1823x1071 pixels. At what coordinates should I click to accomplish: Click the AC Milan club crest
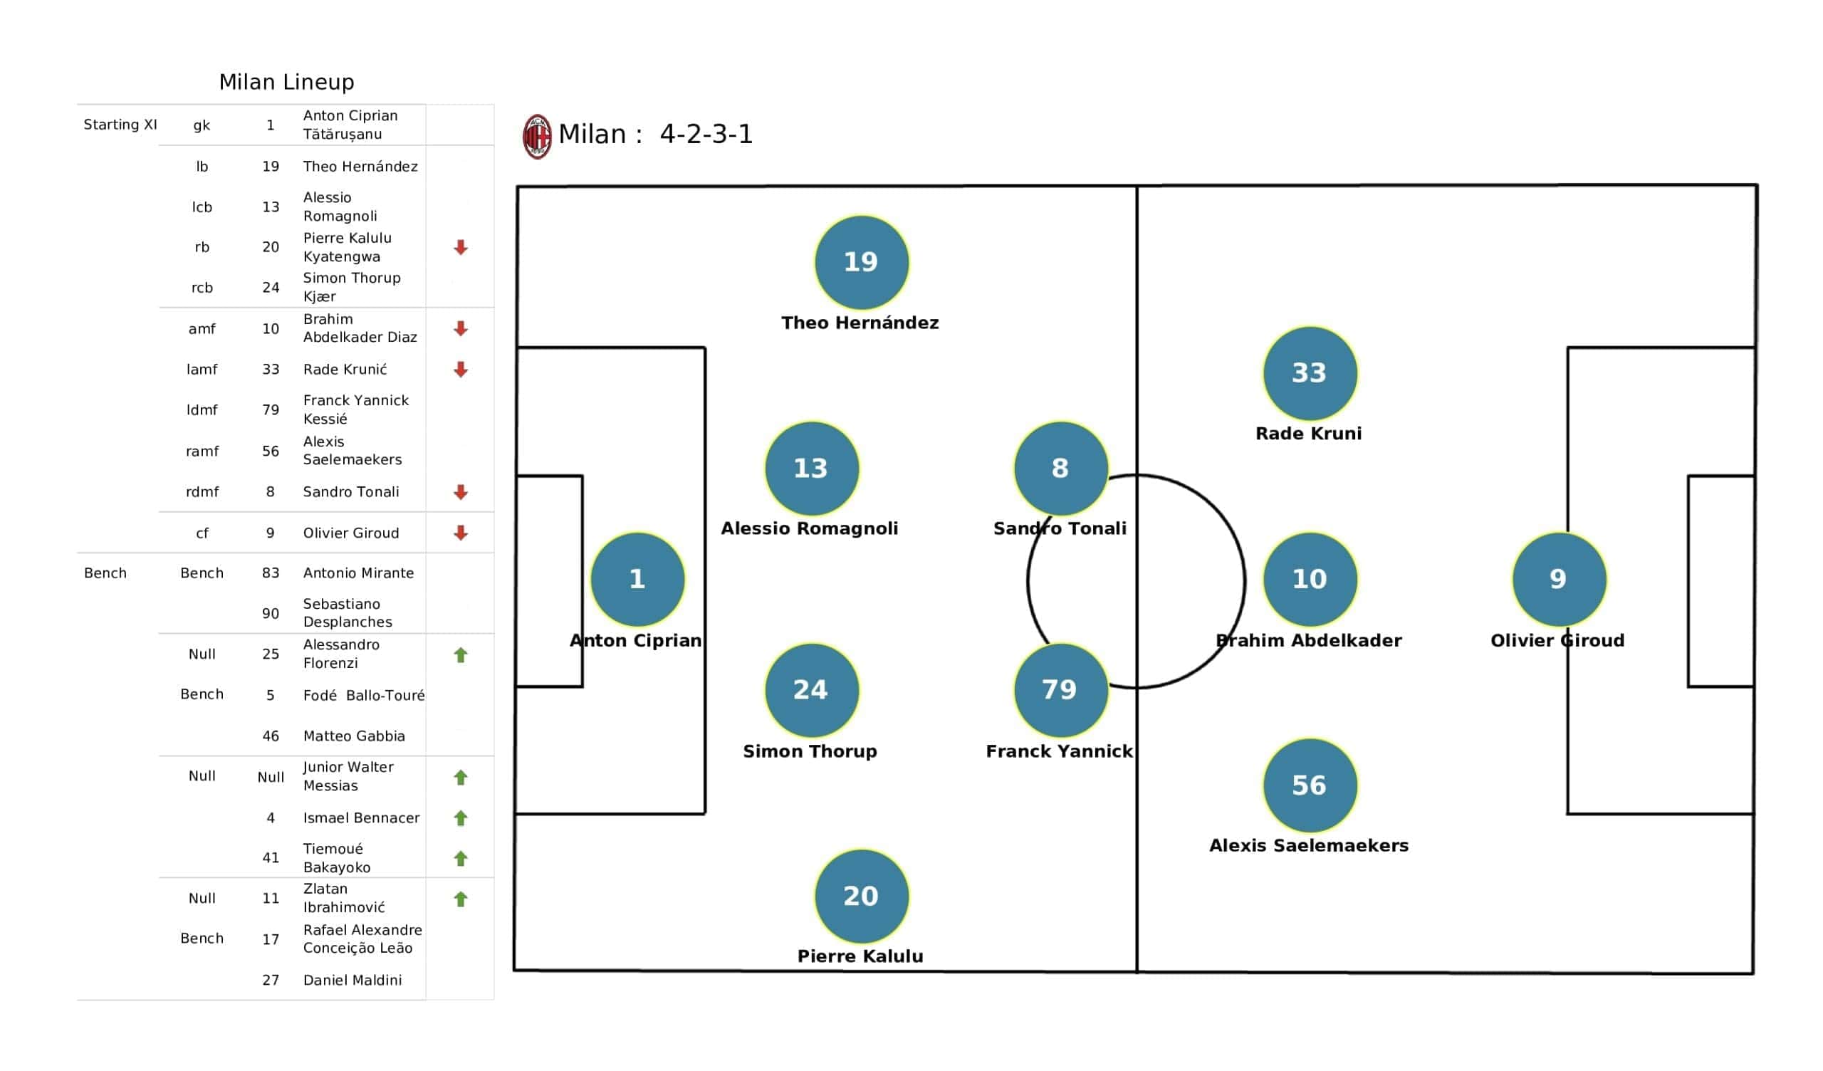(x=537, y=136)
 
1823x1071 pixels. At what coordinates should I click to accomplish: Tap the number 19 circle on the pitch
(x=861, y=262)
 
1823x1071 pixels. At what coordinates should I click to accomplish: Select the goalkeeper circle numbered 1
(x=637, y=579)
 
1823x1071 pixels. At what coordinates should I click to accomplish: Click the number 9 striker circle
(x=1559, y=579)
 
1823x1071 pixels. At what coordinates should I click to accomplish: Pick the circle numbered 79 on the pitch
(x=1060, y=690)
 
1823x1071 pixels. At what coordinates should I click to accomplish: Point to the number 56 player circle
(x=1310, y=785)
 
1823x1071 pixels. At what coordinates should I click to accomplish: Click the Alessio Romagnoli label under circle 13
(x=810, y=529)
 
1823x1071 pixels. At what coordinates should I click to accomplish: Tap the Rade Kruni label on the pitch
(x=1309, y=434)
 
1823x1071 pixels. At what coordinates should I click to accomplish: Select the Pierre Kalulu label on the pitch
(x=860, y=956)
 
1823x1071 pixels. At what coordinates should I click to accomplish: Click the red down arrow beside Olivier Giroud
(x=461, y=533)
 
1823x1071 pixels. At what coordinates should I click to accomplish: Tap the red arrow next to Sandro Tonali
(x=461, y=492)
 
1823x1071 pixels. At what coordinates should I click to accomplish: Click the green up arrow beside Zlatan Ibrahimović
(x=461, y=899)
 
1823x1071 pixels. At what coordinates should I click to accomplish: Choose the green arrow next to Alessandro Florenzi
(x=461, y=655)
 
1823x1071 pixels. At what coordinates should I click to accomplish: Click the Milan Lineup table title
(x=286, y=83)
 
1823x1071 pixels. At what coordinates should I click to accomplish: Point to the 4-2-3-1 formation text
(x=706, y=135)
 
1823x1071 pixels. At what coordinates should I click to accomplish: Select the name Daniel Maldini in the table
(x=352, y=981)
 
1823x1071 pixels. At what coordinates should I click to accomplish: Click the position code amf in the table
(x=202, y=329)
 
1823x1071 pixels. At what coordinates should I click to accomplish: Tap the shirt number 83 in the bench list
(x=271, y=573)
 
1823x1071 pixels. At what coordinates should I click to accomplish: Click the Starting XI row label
(x=120, y=125)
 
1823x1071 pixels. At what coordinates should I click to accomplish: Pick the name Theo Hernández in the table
(x=360, y=167)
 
